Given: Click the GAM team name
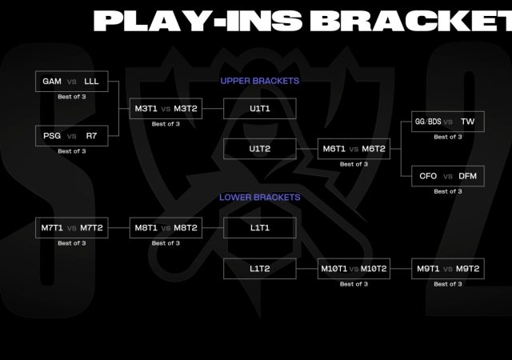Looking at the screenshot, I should [51, 81].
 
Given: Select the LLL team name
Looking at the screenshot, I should [91, 81].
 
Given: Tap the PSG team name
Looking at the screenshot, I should [51, 135].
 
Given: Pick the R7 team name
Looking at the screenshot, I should [91, 135].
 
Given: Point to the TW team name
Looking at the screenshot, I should [468, 122].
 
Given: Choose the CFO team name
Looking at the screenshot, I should [428, 176].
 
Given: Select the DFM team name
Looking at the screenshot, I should [468, 176].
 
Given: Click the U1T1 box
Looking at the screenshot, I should [260, 109].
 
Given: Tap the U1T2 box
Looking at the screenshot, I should [260, 149].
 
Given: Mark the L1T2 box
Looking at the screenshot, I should [260, 269].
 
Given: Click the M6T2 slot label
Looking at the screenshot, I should [374, 149].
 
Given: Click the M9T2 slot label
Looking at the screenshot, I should [467, 269].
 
